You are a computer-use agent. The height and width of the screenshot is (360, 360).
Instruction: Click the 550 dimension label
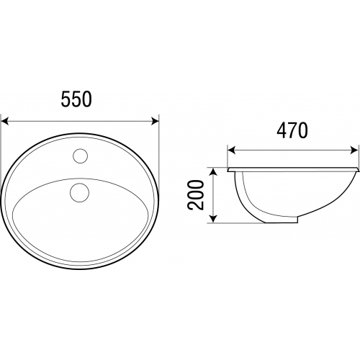tap(76, 99)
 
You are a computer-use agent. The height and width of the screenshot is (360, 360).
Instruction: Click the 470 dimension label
tap(292, 130)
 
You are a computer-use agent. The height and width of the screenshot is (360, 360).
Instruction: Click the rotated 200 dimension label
tap(196, 195)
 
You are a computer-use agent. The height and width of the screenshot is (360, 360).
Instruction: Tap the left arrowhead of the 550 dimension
tap(5, 121)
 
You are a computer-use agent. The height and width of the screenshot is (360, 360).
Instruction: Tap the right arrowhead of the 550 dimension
tap(155, 121)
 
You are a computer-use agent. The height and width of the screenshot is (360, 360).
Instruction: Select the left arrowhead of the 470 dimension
tap(231, 150)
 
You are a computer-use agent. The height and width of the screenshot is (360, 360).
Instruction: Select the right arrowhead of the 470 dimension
tap(354, 150)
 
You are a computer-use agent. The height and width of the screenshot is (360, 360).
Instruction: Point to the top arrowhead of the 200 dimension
tap(213, 172)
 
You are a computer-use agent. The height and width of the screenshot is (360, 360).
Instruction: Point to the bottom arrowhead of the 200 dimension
tap(213, 219)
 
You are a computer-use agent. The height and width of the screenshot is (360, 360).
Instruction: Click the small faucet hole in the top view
tap(81, 156)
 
